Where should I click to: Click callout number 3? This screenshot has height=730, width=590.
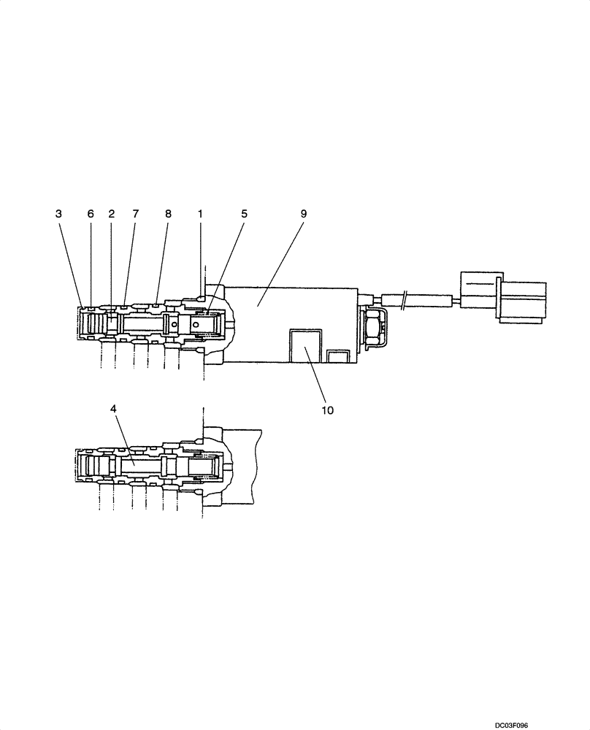tap(58, 214)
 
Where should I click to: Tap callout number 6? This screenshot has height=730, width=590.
tap(91, 214)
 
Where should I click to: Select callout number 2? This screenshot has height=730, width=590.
tap(112, 214)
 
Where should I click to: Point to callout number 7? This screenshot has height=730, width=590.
tap(135, 214)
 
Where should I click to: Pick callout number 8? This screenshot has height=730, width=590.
tap(168, 214)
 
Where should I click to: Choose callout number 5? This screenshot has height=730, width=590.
tap(245, 214)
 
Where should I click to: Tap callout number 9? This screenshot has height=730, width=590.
tap(304, 214)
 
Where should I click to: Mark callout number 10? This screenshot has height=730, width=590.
tap(327, 410)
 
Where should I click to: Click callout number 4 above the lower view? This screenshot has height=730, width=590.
tap(113, 408)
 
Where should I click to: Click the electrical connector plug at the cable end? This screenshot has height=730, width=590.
tap(504, 297)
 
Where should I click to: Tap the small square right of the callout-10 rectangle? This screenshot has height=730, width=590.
tap(338, 356)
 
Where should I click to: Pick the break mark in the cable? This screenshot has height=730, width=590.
tap(403, 299)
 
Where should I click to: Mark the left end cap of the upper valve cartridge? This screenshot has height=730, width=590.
tap(82, 322)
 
